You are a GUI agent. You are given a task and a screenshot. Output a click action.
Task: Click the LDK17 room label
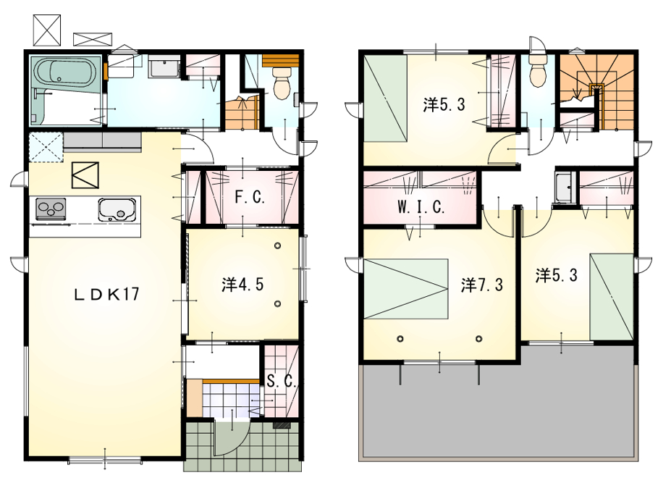click(106, 294)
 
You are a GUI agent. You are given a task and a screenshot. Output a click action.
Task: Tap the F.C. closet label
click(250, 197)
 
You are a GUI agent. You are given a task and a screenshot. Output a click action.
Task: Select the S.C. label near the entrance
click(281, 381)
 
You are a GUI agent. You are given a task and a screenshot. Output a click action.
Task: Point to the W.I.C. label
click(421, 207)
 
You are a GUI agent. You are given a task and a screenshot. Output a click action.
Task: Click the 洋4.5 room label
click(242, 284)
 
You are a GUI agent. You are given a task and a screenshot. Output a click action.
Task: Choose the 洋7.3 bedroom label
click(482, 285)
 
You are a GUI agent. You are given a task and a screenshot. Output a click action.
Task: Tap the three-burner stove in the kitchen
click(51, 209)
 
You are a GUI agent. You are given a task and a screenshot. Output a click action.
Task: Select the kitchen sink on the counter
click(117, 209)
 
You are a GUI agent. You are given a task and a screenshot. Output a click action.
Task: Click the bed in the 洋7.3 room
click(405, 289)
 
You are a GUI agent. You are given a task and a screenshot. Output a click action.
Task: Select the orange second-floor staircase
click(597, 91)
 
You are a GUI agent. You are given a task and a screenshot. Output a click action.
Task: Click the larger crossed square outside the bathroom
click(47, 30)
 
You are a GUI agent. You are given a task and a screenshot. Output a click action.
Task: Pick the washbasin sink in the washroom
click(164, 67)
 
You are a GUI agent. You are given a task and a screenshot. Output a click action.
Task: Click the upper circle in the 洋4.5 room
click(278, 245)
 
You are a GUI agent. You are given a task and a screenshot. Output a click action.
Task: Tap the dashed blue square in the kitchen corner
click(46, 147)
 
